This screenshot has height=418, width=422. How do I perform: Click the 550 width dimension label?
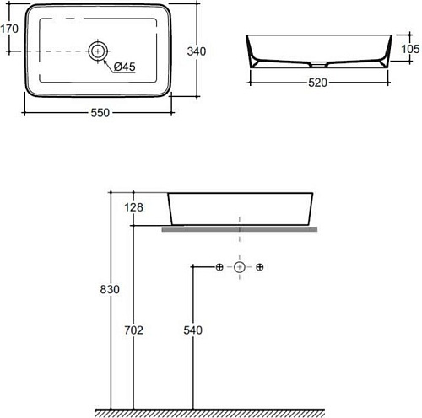pyautogui.click(x=100, y=113)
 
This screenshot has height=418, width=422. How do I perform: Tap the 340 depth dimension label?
pyautogui.click(x=197, y=51)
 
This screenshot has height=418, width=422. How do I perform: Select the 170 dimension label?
pyautogui.click(x=9, y=29)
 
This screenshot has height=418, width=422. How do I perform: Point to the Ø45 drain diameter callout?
pyautogui.click(x=125, y=67)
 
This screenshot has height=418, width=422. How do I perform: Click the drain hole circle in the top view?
pyautogui.click(x=98, y=51)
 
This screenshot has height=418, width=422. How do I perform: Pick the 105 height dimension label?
pyautogui.click(x=410, y=49)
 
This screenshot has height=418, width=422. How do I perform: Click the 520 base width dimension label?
pyautogui.click(x=317, y=83)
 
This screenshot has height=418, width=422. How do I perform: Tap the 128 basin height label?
pyautogui.click(x=133, y=207)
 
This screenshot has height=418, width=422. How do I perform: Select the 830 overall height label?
pyautogui.click(x=110, y=289)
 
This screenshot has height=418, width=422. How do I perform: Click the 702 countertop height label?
pyautogui.click(x=133, y=330)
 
